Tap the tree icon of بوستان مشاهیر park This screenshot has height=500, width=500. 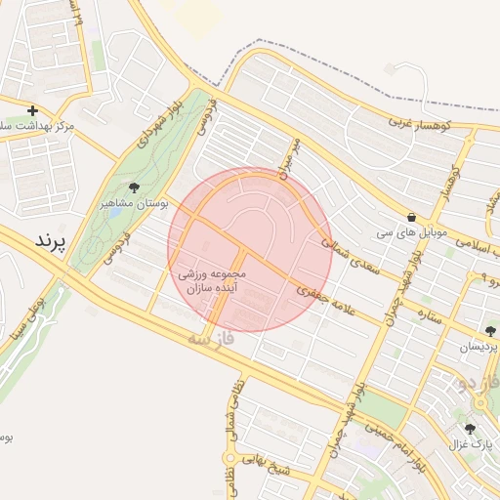[134, 187]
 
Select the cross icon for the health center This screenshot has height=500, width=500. [33, 111]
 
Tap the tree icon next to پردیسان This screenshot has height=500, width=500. [489, 331]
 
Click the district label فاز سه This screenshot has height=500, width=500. [213, 343]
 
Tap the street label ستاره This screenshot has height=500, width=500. [429, 317]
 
